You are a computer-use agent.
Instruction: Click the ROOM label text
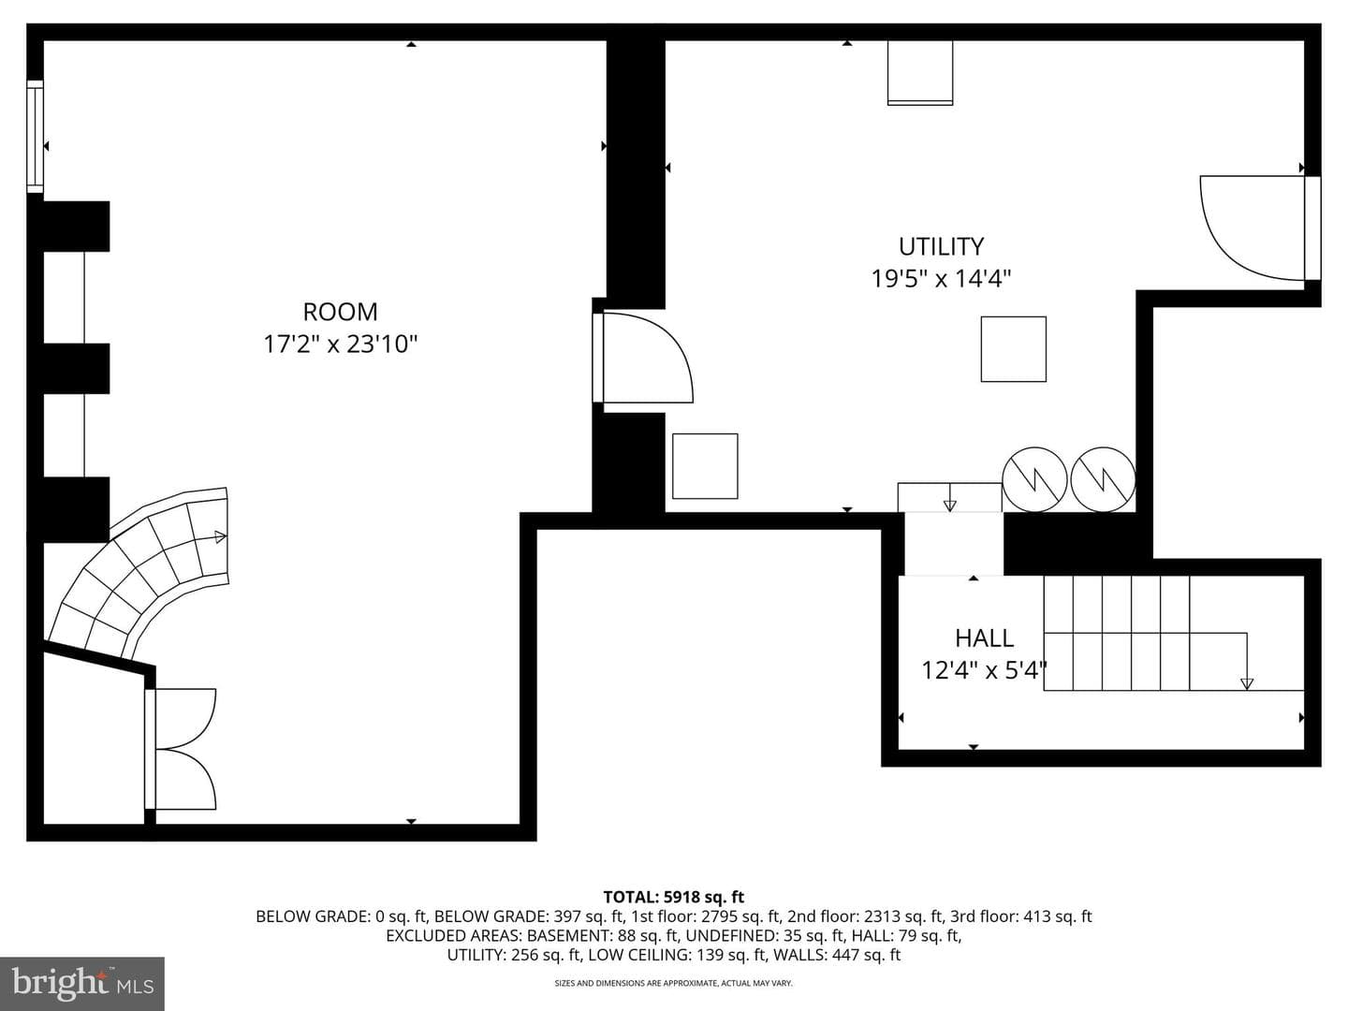(x=340, y=312)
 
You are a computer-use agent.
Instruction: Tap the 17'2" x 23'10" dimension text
(x=340, y=344)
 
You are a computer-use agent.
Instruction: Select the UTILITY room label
(x=941, y=246)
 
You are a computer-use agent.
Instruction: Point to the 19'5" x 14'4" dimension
(x=941, y=279)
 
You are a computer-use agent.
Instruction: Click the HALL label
(x=984, y=638)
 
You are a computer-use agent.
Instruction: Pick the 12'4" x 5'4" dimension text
(x=983, y=669)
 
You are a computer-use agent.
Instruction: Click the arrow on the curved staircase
(x=220, y=537)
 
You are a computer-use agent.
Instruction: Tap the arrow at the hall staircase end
(x=1247, y=683)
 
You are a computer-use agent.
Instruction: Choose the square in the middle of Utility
(x=1013, y=349)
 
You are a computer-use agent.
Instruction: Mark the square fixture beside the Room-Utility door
(x=705, y=466)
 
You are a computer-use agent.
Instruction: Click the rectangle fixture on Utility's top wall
(x=920, y=73)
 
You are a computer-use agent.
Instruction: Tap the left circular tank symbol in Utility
(x=1034, y=479)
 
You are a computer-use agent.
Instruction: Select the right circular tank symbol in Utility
(x=1103, y=479)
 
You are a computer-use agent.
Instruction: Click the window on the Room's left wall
(x=35, y=137)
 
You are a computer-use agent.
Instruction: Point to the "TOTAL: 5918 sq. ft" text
(x=674, y=897)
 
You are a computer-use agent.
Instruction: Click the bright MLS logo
(x=82, y=984)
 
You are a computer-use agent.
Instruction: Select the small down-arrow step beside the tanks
(x=949, y=498)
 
